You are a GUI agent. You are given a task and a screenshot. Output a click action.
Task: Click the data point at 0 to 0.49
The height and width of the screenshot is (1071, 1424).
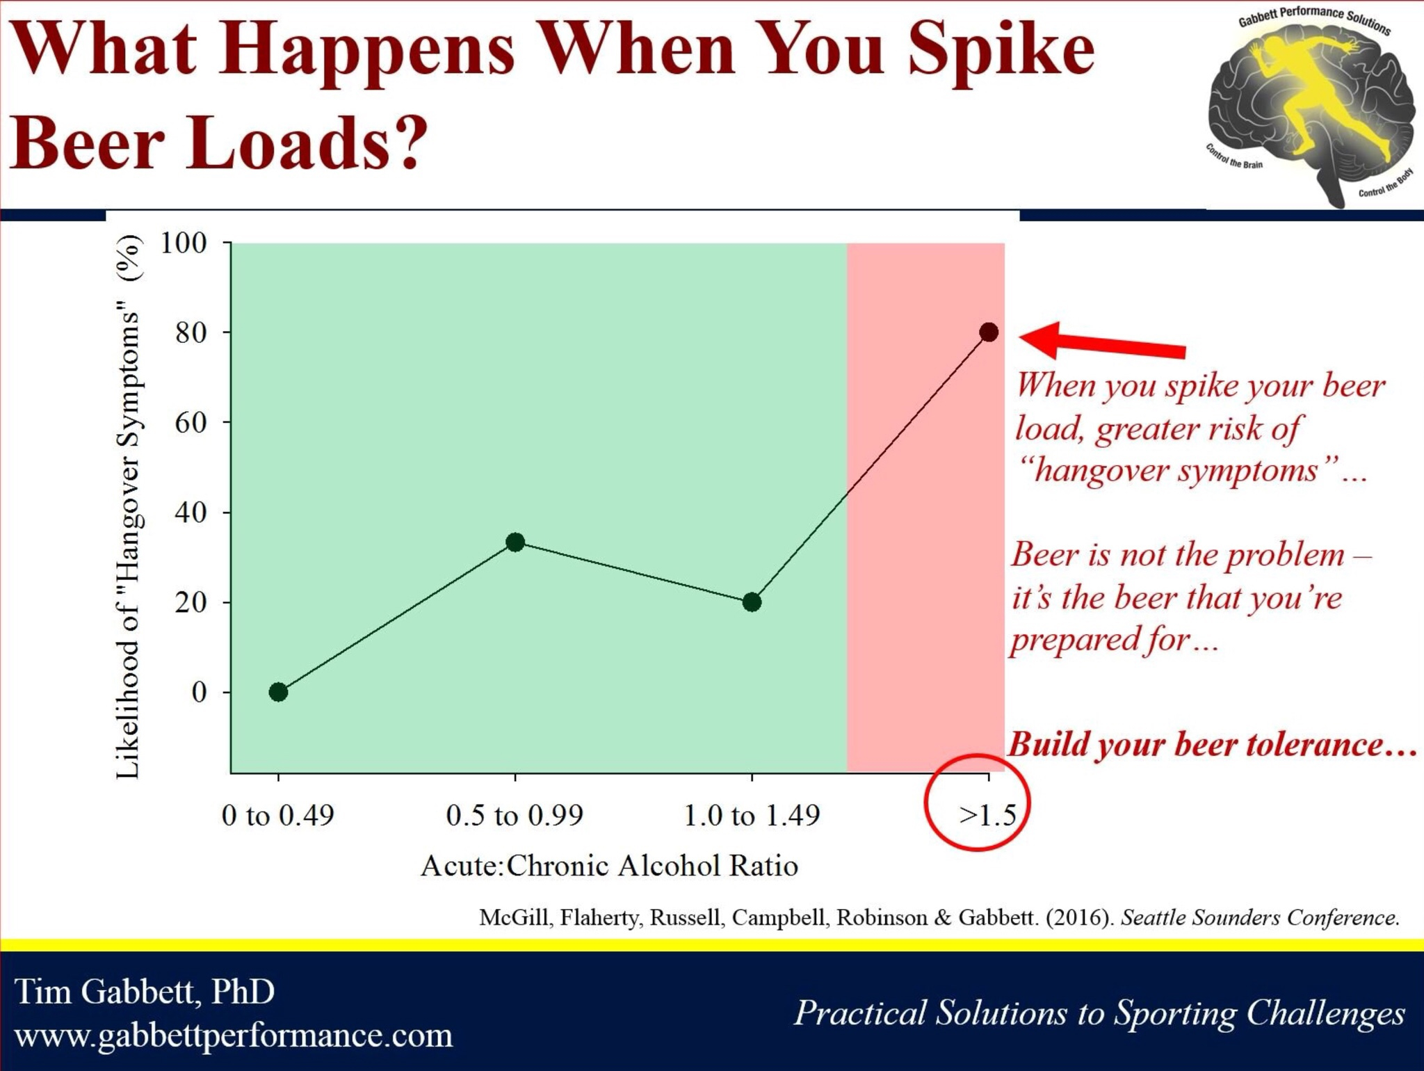tap(278, 692)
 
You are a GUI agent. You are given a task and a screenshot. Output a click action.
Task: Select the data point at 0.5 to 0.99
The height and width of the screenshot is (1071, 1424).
tap(515, 542)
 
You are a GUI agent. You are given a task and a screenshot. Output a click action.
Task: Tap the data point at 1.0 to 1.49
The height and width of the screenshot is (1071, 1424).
tap(752, 602)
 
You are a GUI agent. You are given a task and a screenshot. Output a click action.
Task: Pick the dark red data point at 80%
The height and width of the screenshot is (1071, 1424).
tap(989, 332)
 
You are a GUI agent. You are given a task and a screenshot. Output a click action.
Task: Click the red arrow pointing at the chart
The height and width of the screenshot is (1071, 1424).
tap(1103, 341)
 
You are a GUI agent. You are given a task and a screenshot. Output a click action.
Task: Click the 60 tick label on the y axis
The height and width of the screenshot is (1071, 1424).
tap(191, 422)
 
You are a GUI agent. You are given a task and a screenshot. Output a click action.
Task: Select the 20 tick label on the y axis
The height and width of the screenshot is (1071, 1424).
tap(191, 602)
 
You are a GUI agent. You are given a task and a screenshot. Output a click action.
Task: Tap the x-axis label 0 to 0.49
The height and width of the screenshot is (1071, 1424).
tap(278, 815)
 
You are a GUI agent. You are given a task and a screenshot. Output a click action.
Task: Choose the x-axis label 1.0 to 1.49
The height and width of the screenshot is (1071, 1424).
tap(752, 815)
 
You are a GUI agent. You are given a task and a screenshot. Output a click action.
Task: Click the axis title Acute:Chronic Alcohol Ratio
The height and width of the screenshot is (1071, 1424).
tap(610, 866)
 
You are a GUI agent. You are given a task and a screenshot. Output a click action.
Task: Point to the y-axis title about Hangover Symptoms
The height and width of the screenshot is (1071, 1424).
tap(129, 507)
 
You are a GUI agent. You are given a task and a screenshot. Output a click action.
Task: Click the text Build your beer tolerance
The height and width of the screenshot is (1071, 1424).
tap(1212, 744)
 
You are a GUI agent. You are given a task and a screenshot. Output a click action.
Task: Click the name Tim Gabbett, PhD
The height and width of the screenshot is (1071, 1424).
tap(145, 992)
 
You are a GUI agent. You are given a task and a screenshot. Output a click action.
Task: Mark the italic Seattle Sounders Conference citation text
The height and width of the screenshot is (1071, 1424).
tap(1260, 917)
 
